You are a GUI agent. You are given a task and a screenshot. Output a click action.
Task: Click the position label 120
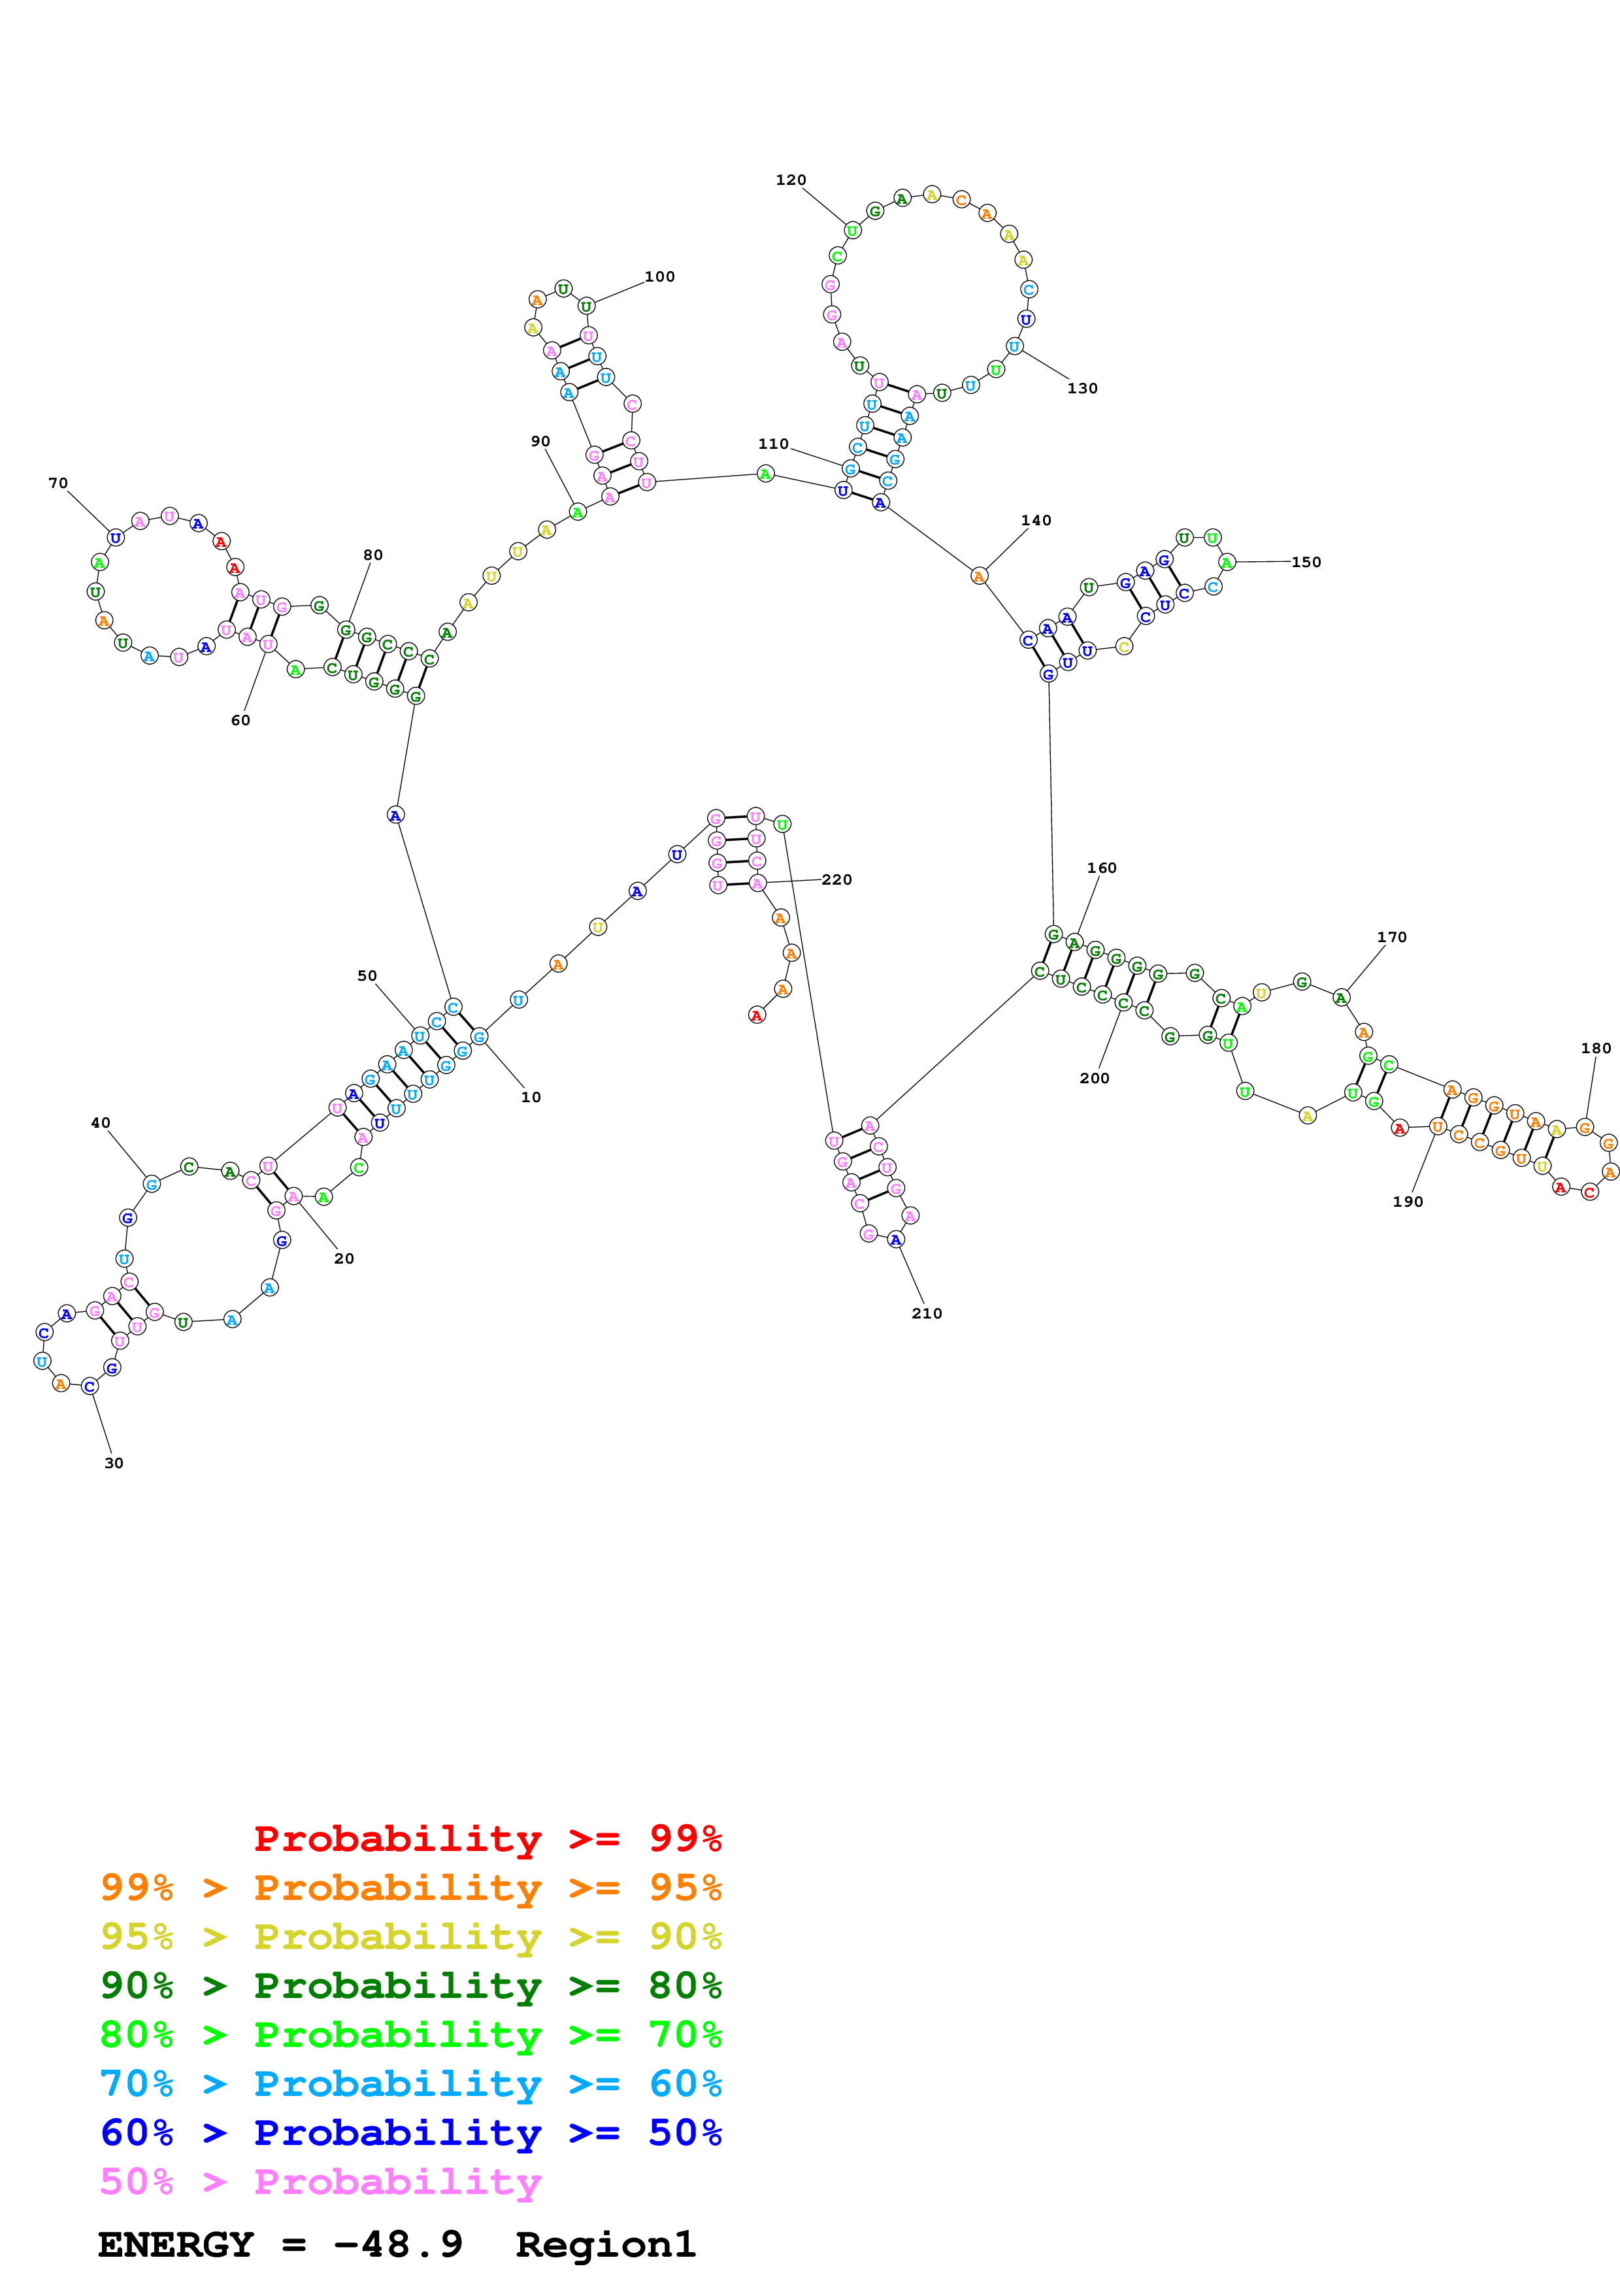pos(791,180)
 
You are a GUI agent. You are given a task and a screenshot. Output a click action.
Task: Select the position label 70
pos(58,483)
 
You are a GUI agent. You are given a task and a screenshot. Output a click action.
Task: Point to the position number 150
pos(1306,562)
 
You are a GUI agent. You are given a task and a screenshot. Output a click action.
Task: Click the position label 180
pos(1595,1048)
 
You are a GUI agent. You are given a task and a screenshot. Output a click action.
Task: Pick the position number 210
pos(926,1314)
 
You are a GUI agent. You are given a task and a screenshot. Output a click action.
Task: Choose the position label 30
pos(114,1464)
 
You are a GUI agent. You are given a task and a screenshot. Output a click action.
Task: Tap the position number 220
pos(836,879)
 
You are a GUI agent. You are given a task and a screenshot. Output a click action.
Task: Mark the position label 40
pos(101,1123)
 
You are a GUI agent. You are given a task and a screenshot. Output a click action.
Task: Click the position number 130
pos(1082,388)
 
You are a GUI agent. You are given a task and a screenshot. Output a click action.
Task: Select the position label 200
pos(1094,1078)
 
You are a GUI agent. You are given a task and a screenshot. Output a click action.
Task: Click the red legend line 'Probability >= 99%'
pos(487,1838)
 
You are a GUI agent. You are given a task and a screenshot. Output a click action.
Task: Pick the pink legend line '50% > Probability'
pos(320,2181)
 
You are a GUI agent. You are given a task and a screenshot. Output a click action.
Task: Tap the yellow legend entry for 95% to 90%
pos(410,1936)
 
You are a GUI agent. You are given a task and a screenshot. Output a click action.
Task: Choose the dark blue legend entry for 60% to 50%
pos(410,2133)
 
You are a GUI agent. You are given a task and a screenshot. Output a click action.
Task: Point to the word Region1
pos(605,2244)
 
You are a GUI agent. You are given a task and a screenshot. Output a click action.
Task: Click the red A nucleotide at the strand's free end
pos(757,1015)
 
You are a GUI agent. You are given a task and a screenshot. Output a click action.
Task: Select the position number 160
pos(1101,868)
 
